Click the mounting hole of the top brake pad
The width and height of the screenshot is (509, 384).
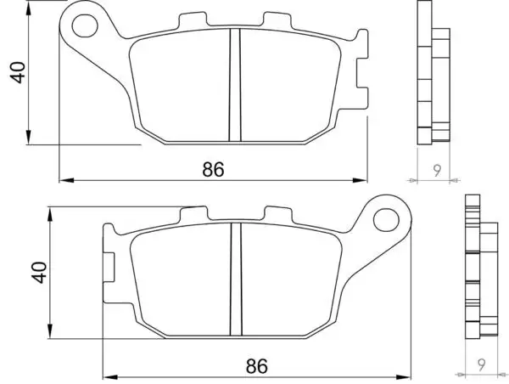[x=85, y=25]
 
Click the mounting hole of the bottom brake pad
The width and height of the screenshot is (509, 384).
[x=386, y=220]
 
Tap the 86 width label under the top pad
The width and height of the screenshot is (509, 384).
[x=213, y=169]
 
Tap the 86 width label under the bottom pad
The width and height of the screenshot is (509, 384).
[x=257, y=366]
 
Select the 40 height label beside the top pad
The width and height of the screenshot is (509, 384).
[x=18, y=72]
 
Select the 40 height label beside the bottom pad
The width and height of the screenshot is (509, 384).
[x=39, y=272]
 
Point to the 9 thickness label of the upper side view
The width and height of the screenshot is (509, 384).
[x=437, y=171]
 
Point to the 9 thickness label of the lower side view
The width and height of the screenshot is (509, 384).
[x=481, y=364]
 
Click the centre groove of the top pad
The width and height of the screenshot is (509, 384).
[x=235, y=85]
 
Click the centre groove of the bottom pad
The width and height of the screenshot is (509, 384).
[x=236, y=280]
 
